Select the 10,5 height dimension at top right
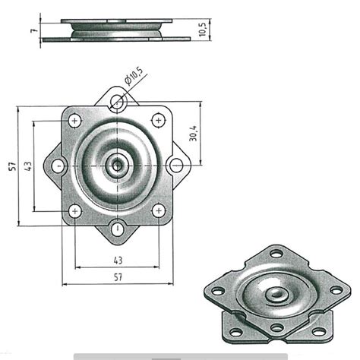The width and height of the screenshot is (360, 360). pos(202,31)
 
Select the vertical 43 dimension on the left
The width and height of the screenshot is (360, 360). pos(27,166)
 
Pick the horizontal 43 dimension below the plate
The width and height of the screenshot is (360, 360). pos(117,261)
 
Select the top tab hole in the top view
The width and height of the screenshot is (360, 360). pos(116,104)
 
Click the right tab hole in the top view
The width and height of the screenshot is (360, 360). pos(176,165)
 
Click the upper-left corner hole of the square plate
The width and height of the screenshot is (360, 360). pos(75,119)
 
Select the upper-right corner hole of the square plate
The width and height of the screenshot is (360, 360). pos(158,119)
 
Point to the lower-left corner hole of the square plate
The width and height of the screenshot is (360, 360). pos(75,210)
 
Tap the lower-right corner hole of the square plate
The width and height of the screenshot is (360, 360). pos(158,210)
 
